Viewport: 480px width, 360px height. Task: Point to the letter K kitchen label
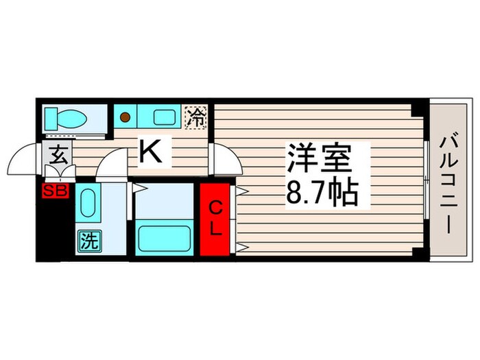[151, 152]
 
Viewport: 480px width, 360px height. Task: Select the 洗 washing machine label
[89, 240]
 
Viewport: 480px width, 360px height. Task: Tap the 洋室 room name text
[320, 159]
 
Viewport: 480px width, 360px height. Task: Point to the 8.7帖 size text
[321, 194]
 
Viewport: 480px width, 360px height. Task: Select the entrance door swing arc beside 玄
[29, 159]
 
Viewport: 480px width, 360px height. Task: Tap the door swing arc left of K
[111, 165]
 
